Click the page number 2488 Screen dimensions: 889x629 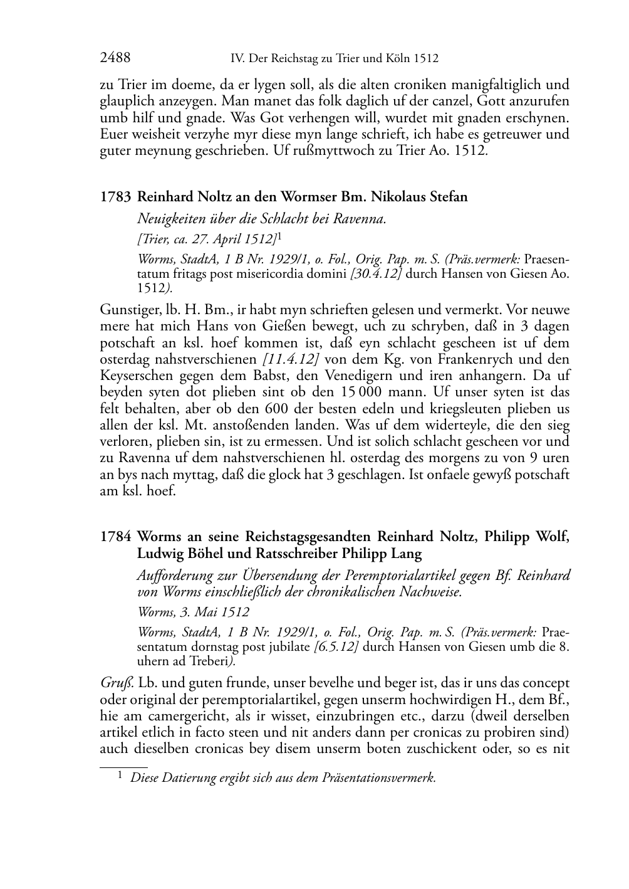click(x=115, y=58)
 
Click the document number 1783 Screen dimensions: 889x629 click(x=115, y=197)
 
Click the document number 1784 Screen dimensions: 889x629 click(x=115, y=537)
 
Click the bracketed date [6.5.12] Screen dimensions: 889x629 click(x=336, y=647)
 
